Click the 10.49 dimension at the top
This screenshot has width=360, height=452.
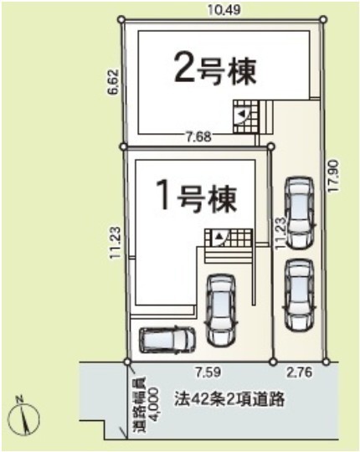point(224,10)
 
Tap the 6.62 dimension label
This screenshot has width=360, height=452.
point(113,82)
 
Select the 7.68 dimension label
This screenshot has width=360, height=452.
point(198,136)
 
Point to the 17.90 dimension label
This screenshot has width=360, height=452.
point(334,176)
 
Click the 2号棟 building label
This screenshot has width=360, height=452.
point(215,70)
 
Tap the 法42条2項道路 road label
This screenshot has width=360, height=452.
point(229,399)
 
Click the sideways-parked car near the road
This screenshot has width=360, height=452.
point(167,340)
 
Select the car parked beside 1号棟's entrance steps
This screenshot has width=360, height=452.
point(221,311)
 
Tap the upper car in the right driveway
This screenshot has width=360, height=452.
point(299,213)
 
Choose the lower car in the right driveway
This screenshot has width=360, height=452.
point(299,295)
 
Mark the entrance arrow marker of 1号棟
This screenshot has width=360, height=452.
point(219,237)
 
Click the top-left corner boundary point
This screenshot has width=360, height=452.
point(121,19)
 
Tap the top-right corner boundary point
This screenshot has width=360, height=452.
point(324,19)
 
